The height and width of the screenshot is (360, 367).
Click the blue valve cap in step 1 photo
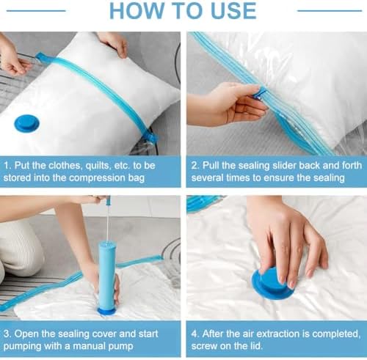26,123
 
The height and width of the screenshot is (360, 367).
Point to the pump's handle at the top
107,200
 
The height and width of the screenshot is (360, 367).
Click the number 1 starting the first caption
7,166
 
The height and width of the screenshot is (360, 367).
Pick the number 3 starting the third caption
7,334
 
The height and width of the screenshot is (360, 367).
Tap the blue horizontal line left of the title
36,10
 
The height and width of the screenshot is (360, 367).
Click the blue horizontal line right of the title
330,10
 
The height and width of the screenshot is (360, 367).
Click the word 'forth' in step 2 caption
351,166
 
